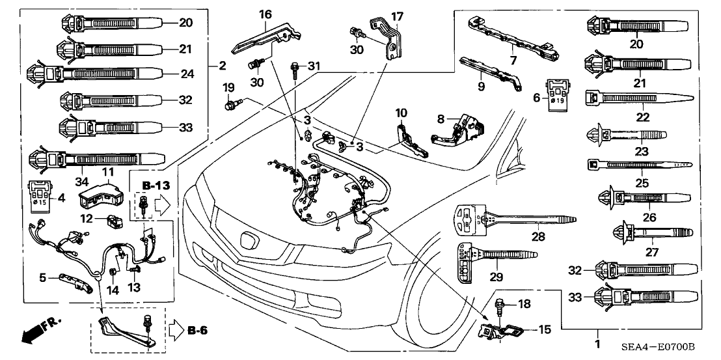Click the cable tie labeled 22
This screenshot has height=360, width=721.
(631, 98)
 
